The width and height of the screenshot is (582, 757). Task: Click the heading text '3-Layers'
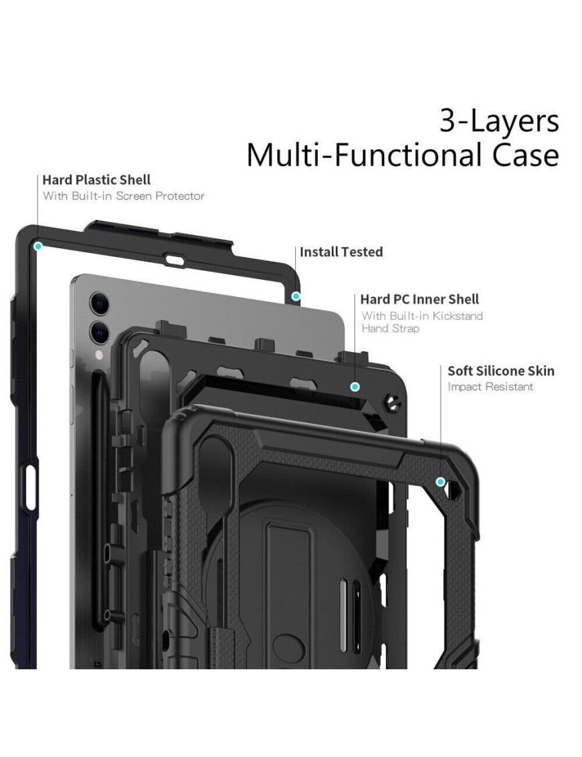pos(499,122)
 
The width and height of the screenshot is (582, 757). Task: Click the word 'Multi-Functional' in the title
pos(362,155)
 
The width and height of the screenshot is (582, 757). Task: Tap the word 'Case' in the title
pos(520,155)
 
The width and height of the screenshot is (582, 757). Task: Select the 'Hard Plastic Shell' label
pos(96,180)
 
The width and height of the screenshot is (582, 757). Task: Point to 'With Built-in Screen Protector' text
pos(124,196)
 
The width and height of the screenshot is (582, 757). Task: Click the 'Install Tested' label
pos(341,252)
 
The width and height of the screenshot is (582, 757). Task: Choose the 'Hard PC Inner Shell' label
pos(419,299)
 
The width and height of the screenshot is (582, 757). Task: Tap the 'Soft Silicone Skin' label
pos(501,371)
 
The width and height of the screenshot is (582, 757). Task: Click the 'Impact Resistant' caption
pos(490,387)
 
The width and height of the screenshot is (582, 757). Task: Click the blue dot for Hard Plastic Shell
pos(38,246)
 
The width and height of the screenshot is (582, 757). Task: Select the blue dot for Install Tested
pos(296,295)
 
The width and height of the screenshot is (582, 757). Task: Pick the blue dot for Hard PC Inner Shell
pos(355,387)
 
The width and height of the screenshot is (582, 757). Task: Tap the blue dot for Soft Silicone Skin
pos(440,481)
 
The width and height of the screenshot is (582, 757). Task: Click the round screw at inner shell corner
pos(391,403)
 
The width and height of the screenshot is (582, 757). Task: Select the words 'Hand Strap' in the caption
pos(391,329)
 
